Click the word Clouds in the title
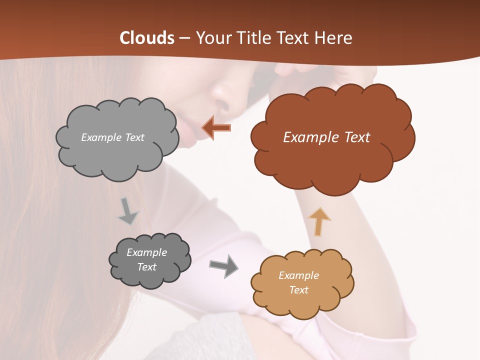pos(147,38)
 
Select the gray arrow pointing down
pos(128,211)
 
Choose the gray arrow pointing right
pos(223,266)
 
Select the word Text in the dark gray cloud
pos(147,267)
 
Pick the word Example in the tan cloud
pos(298,275)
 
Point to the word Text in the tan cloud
pos(298,290)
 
